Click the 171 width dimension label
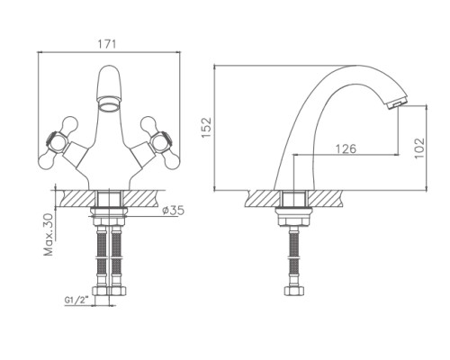107,44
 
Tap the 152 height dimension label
206,128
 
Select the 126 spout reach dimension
346,148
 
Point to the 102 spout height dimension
419,148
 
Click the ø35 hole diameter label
173,211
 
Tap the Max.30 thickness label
49,235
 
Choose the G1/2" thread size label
77,300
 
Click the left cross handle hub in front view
57,141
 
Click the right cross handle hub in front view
161,141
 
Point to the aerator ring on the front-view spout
109,106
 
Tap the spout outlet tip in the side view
396,103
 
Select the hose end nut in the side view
294,291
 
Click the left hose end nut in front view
102,291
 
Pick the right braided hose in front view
116,258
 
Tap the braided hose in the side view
294,258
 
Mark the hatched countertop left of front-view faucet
76,199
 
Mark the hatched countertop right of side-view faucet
326,199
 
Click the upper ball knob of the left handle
69,124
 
